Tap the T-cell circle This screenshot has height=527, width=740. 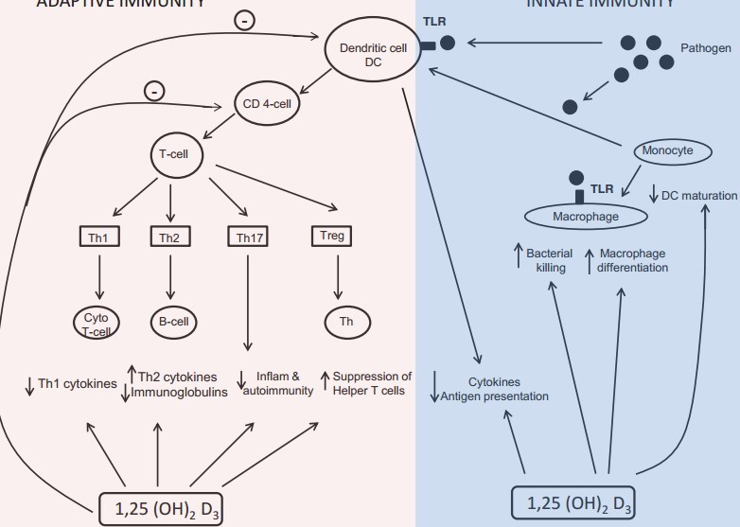click(175, 153)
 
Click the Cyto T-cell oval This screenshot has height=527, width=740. click(98, 322)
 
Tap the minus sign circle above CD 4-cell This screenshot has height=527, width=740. click(153, 91)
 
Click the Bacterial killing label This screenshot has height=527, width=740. click(546, 261)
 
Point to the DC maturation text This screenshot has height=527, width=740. click(699, 196)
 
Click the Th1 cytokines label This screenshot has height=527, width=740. click(77, 384)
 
